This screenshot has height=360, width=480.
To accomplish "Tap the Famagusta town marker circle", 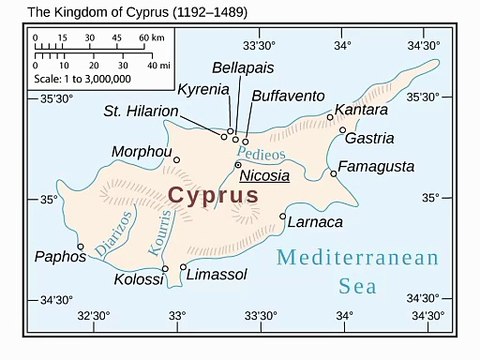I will tap(334, 173).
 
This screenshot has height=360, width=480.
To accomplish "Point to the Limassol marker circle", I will tap(183, 267).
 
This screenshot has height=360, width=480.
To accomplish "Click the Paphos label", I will tap(60, 256).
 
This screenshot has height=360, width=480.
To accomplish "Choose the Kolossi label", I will tap(139, 279).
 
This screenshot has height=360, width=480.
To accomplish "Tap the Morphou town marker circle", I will tap(177, 159).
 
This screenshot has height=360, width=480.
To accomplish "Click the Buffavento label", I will tap(287, 94).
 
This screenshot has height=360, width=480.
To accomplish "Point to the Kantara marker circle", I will tap(331, 117).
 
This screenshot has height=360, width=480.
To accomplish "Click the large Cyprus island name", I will tap(213, 195).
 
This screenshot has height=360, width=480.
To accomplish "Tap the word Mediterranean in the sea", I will tap(357, 258).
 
